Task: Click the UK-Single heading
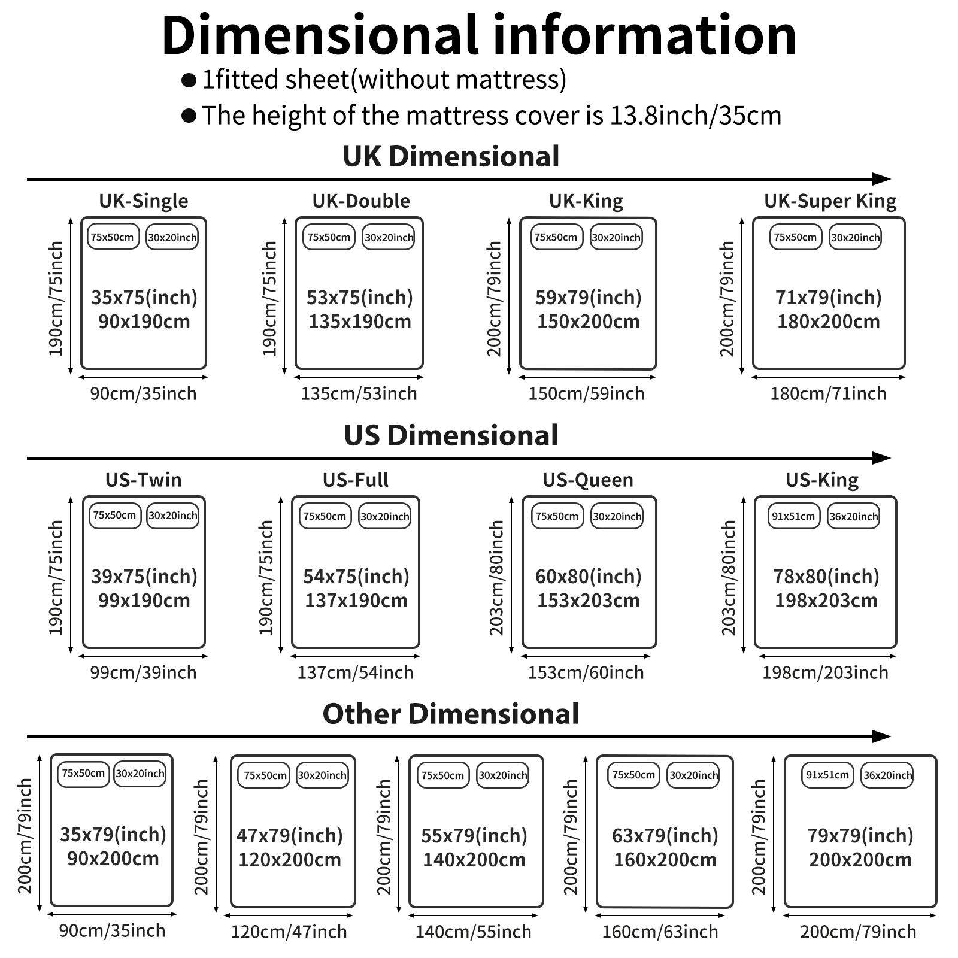coord(144,201)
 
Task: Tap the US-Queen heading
coord(588,480)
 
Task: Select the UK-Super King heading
coord(830,201)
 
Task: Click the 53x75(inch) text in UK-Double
coord(360,298)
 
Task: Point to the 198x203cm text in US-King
coord(826,601)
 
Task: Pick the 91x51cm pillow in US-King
coord(793,516)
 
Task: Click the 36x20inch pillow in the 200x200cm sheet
coord(887,775)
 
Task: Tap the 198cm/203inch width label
coord(825,673)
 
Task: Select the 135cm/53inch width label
coord(359,394)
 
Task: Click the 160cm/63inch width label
coord(660,932)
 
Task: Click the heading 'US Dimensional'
coord(451,435)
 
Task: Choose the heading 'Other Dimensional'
coord(451,714)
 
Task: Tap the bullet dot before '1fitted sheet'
coord(189,80)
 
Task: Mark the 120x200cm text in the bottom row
coord(290,860)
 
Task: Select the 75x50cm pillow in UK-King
coord(556,237)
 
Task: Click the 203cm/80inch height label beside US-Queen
coord(496,578)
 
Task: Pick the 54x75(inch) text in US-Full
coord(356,577)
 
